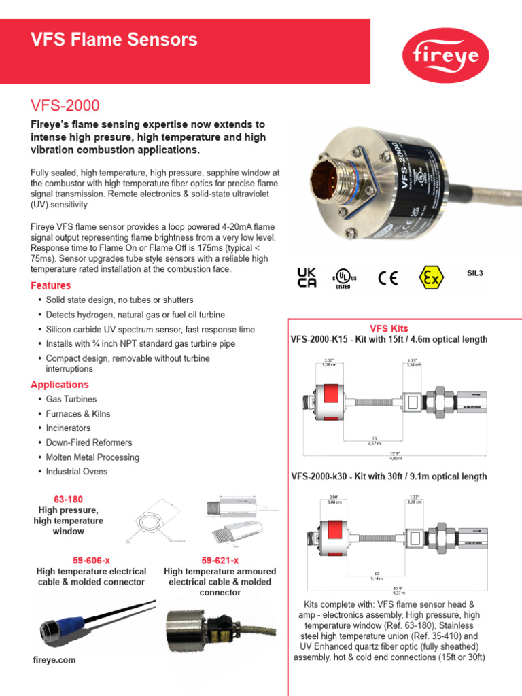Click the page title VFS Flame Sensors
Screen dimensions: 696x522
pos(114,40)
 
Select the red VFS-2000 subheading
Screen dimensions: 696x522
pos(65,105)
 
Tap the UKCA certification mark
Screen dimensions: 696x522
pos(307,277)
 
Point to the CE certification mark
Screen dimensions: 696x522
pos(388,278)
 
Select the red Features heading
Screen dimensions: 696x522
pos(51,285)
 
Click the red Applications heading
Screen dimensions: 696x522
pos(60,385)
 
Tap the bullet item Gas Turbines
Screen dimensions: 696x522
pos(71,399)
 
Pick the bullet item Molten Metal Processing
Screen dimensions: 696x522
pos(92,457)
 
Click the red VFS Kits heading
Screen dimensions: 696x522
pos(388,328)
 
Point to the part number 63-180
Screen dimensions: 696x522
pos(68,500)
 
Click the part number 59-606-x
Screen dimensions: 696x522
pos(90,560)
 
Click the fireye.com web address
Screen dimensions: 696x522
pos(54,660)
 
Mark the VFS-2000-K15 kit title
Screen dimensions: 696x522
pos(388,339)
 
